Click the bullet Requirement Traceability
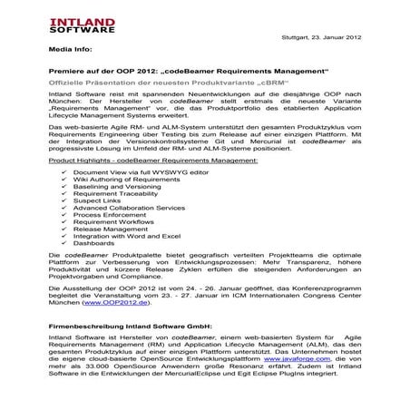pyautogui.click(x=113, y=194)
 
